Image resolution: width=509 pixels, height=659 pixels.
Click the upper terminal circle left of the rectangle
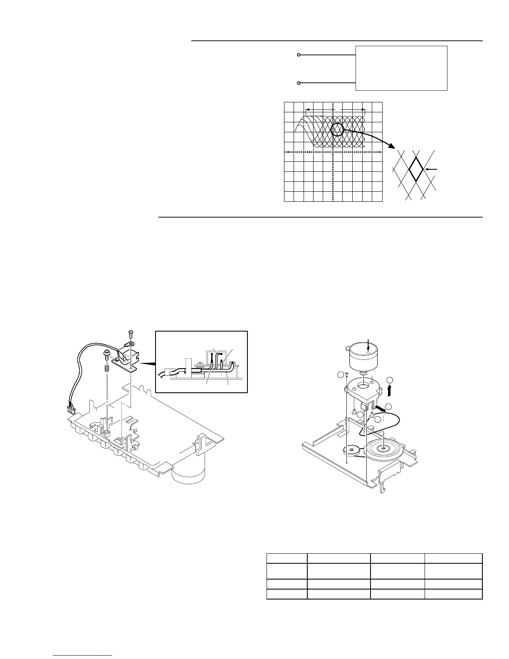point(299,55)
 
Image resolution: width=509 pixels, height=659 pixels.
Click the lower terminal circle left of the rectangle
point(299,83)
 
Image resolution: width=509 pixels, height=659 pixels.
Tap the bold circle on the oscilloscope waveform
point(337,130)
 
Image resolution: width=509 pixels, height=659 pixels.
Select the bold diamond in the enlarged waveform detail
point(416,169)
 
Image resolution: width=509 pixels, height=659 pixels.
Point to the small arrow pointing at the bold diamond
point(433,169)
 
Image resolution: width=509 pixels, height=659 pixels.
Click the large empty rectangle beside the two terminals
point(401,68)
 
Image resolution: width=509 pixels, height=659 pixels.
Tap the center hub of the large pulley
point(382,448)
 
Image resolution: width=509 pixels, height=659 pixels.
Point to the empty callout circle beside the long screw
point(341,375)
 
